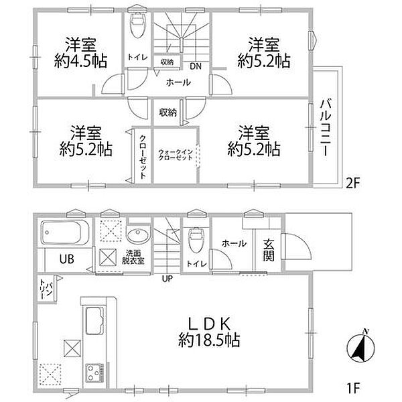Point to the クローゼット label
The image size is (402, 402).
143,156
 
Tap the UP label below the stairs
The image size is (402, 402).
167,278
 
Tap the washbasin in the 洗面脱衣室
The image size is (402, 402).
137,235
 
